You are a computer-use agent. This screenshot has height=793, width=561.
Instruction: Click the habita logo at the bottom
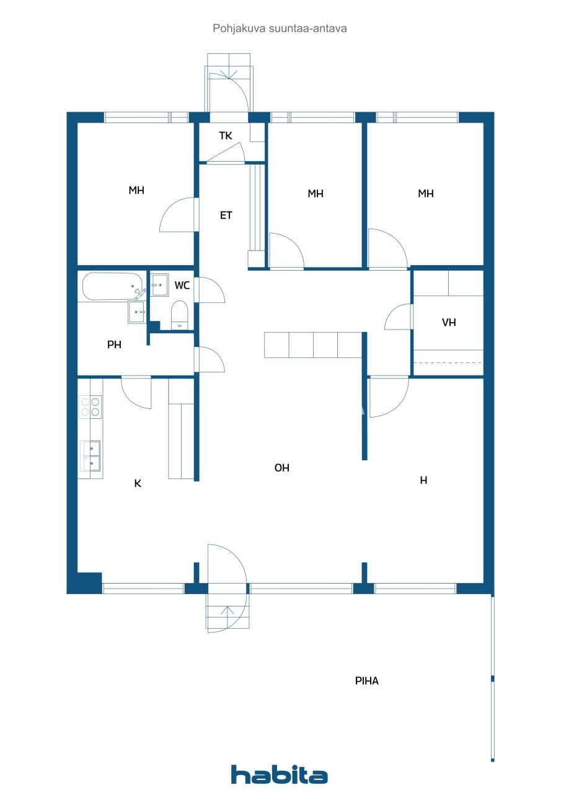pos(279,774)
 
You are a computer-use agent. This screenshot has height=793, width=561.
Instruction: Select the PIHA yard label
pos(367,681)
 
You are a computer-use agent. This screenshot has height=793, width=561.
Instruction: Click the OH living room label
pos(282,468)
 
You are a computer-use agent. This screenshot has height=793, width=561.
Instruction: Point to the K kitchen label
pos(138,483)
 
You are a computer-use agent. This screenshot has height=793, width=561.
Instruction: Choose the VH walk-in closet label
pos(449,322)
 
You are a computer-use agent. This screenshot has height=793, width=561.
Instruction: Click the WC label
pos(182,286)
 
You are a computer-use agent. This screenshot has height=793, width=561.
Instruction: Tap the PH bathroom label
pos(114,345)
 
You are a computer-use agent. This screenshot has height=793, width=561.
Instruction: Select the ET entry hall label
pos(226,216)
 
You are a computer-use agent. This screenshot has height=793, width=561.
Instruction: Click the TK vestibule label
pos(226,135)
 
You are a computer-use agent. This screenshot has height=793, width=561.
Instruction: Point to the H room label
pos(424,480)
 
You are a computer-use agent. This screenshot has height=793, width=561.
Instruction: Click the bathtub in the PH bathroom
pos(112,286)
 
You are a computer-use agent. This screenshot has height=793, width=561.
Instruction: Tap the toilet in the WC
pos(180,314)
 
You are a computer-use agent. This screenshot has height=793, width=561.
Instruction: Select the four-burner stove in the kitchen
pos(90,406)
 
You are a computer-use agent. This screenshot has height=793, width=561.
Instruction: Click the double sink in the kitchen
pos(91,456)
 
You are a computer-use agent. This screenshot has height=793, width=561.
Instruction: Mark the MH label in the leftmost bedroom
pos(136,190)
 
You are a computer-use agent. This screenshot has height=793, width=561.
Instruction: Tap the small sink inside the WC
pos(160,285)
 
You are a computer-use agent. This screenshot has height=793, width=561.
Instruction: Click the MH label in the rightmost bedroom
pos(426,193)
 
